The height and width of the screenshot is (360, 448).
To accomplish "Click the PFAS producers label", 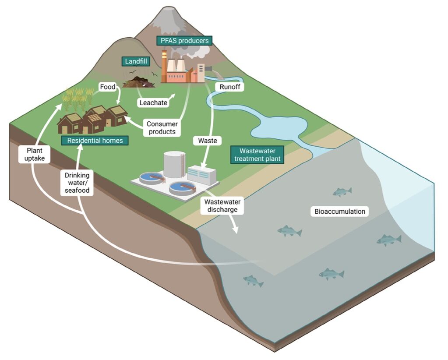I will click(183, 41).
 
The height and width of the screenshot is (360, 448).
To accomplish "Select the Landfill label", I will click(136, 62).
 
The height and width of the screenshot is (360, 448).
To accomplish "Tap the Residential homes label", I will click(95, 141).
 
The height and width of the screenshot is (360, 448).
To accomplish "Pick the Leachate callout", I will click(152, 103).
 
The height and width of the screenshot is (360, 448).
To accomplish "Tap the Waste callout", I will click(207, 141).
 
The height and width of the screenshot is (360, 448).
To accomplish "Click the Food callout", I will click(107, 87).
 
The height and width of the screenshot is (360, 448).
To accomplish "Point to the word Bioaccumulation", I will click(339, 212).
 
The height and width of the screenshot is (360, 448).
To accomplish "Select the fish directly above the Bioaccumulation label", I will click(342, 192).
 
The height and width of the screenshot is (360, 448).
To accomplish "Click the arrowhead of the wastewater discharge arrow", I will click(236, 230).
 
